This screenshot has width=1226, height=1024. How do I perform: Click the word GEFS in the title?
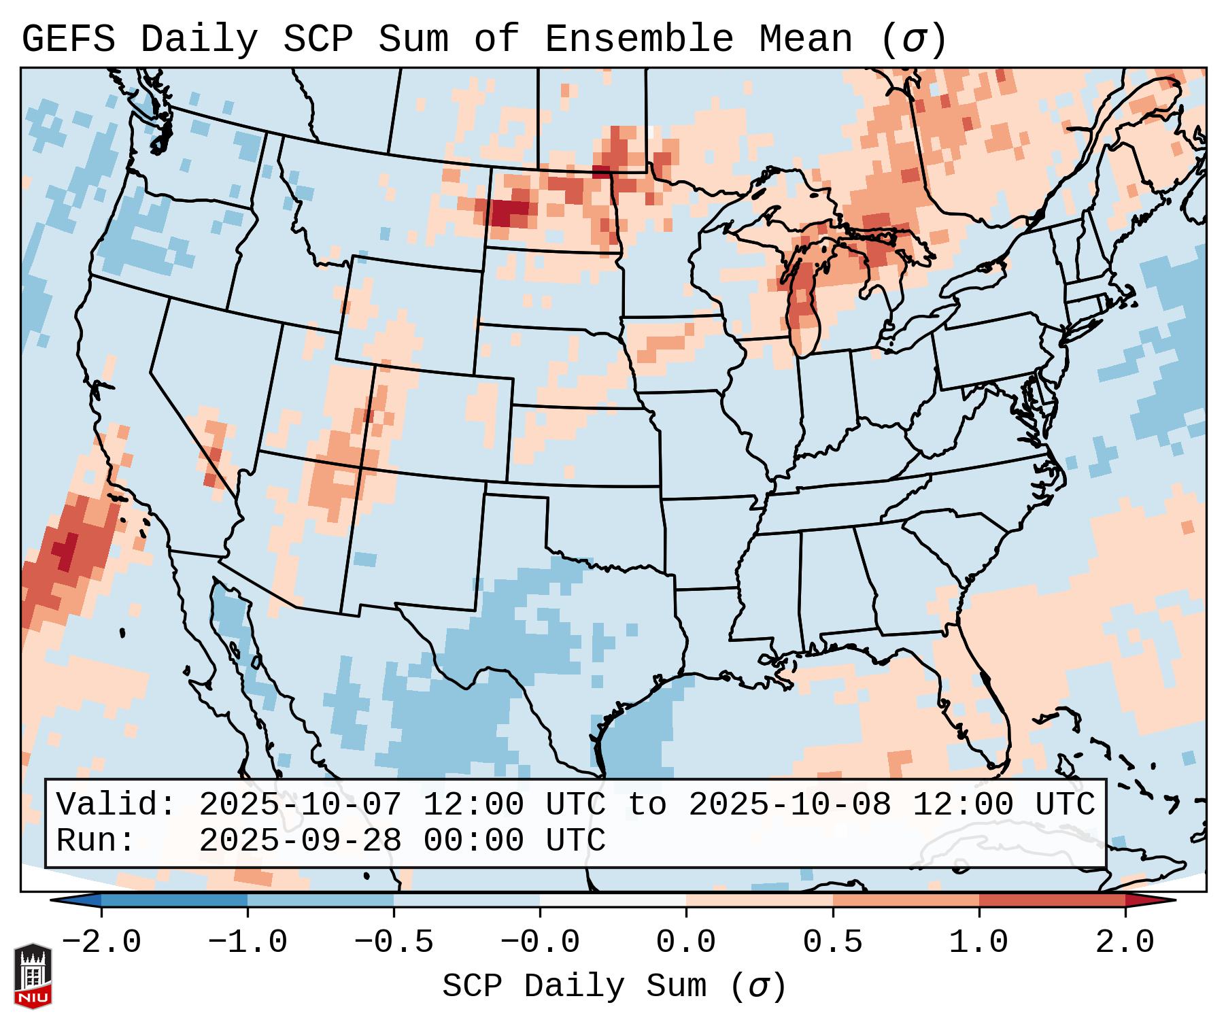click(68, 39)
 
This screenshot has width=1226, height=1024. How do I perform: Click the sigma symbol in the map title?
click(913, 39)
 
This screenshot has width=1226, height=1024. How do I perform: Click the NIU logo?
click(33, 976)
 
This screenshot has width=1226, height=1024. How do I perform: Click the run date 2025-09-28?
click(300, 841)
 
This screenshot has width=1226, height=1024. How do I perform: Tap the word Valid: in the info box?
click(116, 805)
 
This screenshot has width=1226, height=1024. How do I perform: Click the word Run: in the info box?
click(95, 841)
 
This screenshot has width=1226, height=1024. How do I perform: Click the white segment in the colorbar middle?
click(613, 900)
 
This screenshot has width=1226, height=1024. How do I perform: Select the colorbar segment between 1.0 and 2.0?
click(1052, 900)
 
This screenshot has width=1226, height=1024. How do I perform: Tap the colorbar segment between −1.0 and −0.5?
click(320, 900)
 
